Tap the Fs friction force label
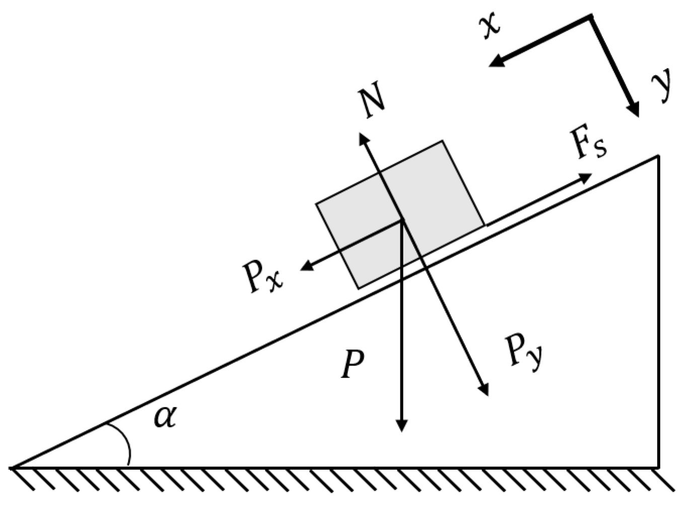point(588,144)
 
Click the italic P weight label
point(352,364)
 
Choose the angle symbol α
point(165,417)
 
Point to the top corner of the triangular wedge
point(658,157)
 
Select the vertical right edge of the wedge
point(658,312)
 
